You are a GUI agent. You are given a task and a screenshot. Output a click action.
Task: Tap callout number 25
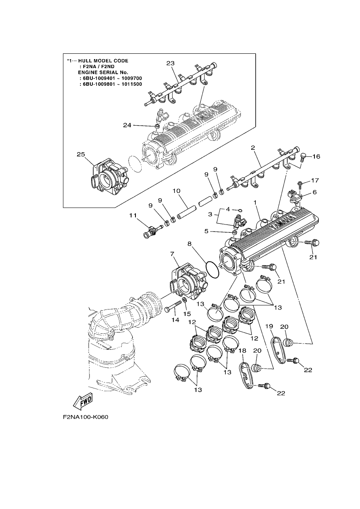[x=81, y=154]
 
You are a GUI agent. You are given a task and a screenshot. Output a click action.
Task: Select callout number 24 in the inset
[x=127, y=125]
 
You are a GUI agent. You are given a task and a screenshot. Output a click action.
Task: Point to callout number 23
[x=170, y=63]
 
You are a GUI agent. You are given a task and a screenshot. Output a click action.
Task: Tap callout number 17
[x=315, y=180]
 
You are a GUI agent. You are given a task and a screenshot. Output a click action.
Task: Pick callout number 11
[x=133, y=215]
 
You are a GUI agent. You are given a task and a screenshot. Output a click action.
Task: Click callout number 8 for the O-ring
[x=190, y=243]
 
